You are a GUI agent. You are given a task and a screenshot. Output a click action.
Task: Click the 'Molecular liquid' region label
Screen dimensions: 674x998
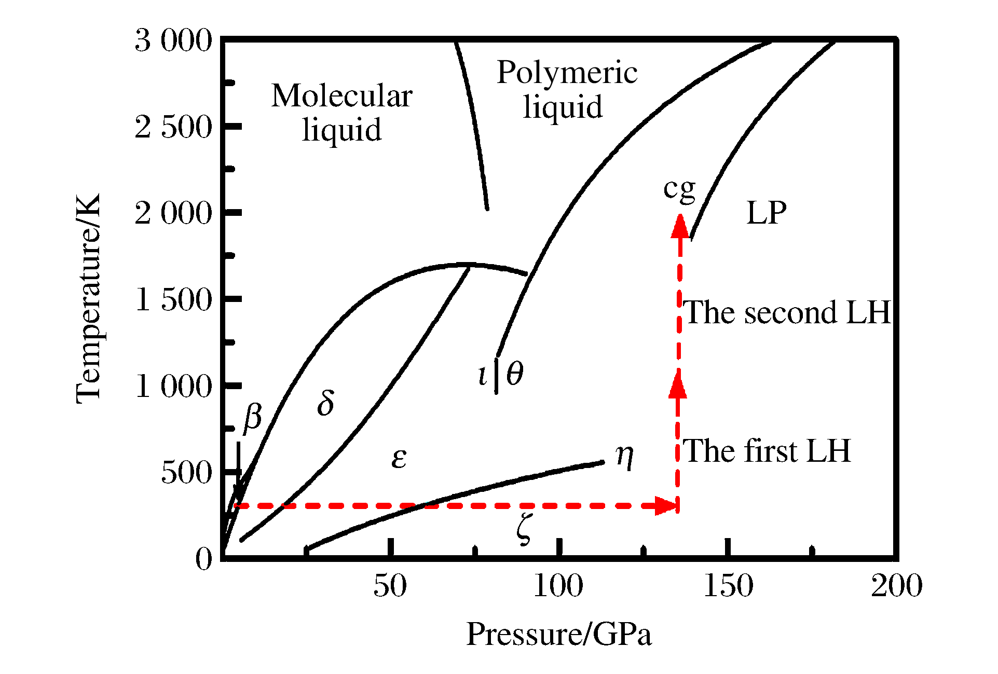341,112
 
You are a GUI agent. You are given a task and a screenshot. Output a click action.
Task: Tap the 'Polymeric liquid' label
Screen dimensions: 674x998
567,89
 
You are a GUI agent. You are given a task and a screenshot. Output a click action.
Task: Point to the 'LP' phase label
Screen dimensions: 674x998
766,213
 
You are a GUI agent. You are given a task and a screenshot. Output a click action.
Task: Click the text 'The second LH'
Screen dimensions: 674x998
787,312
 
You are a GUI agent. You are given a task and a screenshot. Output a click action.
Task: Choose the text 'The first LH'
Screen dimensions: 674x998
767,450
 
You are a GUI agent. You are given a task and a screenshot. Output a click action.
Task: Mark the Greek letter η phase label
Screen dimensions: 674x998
625,457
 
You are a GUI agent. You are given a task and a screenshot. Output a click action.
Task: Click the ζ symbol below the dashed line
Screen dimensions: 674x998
524,530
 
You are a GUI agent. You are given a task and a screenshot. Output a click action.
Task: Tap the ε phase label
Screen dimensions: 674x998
399,458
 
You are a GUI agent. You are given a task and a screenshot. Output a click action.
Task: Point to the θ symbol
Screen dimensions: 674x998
514,374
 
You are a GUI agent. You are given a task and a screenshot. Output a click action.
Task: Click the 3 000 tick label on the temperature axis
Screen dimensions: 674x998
173,40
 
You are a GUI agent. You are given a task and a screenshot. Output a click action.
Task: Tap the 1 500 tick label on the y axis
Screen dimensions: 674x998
173,299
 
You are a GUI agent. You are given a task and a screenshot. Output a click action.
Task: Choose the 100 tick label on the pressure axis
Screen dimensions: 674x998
558,586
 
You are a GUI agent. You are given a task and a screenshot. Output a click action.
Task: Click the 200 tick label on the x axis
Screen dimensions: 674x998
896,586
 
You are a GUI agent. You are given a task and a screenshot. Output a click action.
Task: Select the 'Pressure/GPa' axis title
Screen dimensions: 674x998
559,634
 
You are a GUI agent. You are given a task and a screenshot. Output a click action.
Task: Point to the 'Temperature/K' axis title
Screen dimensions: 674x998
88,299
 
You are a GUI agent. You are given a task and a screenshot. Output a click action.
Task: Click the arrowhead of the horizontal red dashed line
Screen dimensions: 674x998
666,505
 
